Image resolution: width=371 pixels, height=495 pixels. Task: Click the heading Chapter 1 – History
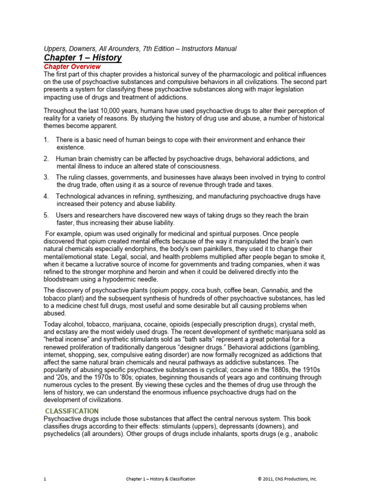(x=83, y=58)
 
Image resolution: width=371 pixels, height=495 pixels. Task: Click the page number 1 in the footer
(x=45, y=479)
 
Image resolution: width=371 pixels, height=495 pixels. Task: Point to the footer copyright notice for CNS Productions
(x=287, y=479)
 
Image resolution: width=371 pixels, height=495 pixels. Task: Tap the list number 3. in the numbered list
(x=46, y=177)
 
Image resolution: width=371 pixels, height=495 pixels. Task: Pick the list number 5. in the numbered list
(x=46, y=215)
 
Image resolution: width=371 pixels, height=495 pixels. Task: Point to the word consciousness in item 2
(x=184, y=166)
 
